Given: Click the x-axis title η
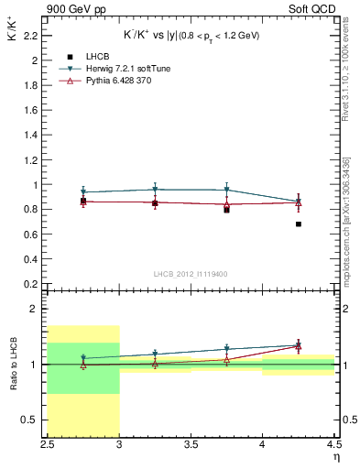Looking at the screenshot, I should (335, 457).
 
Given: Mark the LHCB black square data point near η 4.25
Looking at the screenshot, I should (299, 224).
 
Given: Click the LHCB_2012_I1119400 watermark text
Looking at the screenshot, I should (191, 273).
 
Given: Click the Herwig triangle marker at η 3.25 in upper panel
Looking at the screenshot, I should (155, 190).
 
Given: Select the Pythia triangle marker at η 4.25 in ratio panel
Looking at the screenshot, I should (299, 347).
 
